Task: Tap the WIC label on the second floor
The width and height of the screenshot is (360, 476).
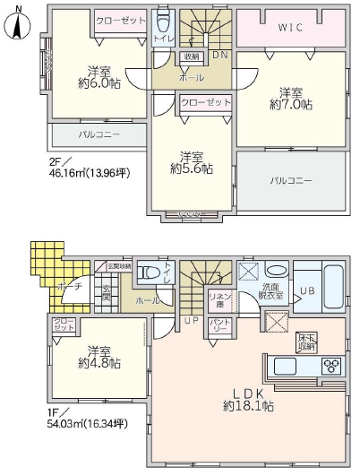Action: tap(291, 28)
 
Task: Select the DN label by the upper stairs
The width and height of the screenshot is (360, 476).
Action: tap(219, 56)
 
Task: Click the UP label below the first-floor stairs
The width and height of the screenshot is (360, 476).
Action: tap(191, 319)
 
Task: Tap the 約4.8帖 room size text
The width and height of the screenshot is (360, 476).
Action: tap(99, 363)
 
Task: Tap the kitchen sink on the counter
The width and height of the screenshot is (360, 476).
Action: tap(288, 366)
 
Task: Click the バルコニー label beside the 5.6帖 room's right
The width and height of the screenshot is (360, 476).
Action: tap(291, 180)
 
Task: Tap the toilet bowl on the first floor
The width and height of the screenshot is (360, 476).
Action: tap(152, 272)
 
